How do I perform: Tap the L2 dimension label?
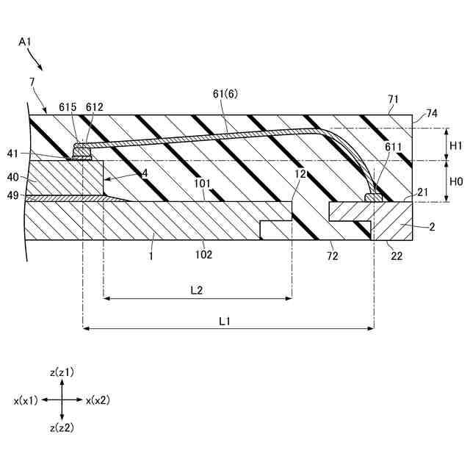(197, 290)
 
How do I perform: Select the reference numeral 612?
(94, 107)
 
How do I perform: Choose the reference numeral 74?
(432, 114)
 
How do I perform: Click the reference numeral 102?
(203, 255)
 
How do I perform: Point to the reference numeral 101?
(203, 184)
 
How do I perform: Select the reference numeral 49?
(13, 195)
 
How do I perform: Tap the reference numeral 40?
(13, 176)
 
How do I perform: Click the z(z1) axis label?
(62, 373)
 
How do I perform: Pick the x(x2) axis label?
(98, 400)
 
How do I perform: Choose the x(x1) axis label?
(26, 400)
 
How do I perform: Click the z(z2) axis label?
(62, 427)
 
